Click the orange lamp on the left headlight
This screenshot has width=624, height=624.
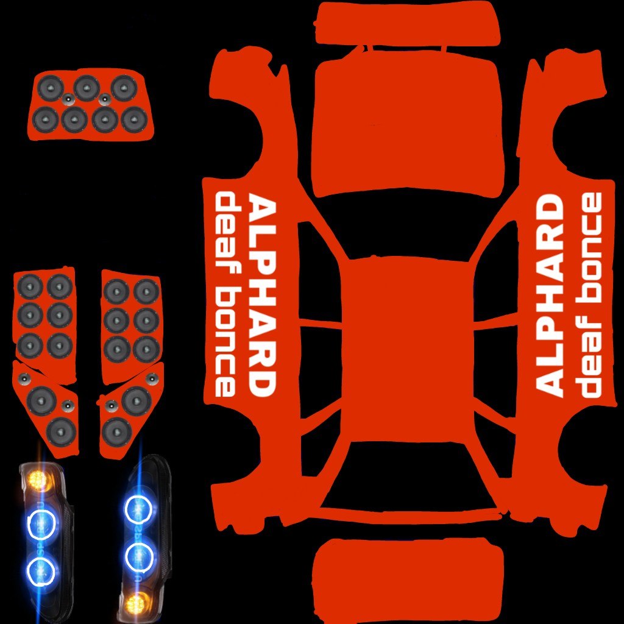(38, 478)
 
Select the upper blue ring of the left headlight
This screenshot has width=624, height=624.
(41, 523)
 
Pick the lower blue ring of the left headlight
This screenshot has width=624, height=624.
(41, 570)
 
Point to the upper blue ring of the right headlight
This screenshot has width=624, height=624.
(138, 509)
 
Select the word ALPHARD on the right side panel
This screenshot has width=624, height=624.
(550, 295)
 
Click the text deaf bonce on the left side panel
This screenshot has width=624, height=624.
(225, 295)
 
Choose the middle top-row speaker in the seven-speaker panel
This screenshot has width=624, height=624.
(87, 88)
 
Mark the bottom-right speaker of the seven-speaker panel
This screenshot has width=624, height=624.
(134, 120)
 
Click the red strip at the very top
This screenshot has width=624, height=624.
(406, 23)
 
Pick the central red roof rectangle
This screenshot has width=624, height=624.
(406, 350)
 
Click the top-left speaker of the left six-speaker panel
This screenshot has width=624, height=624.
(30, 286)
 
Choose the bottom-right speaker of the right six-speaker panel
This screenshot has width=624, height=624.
(146, 349)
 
